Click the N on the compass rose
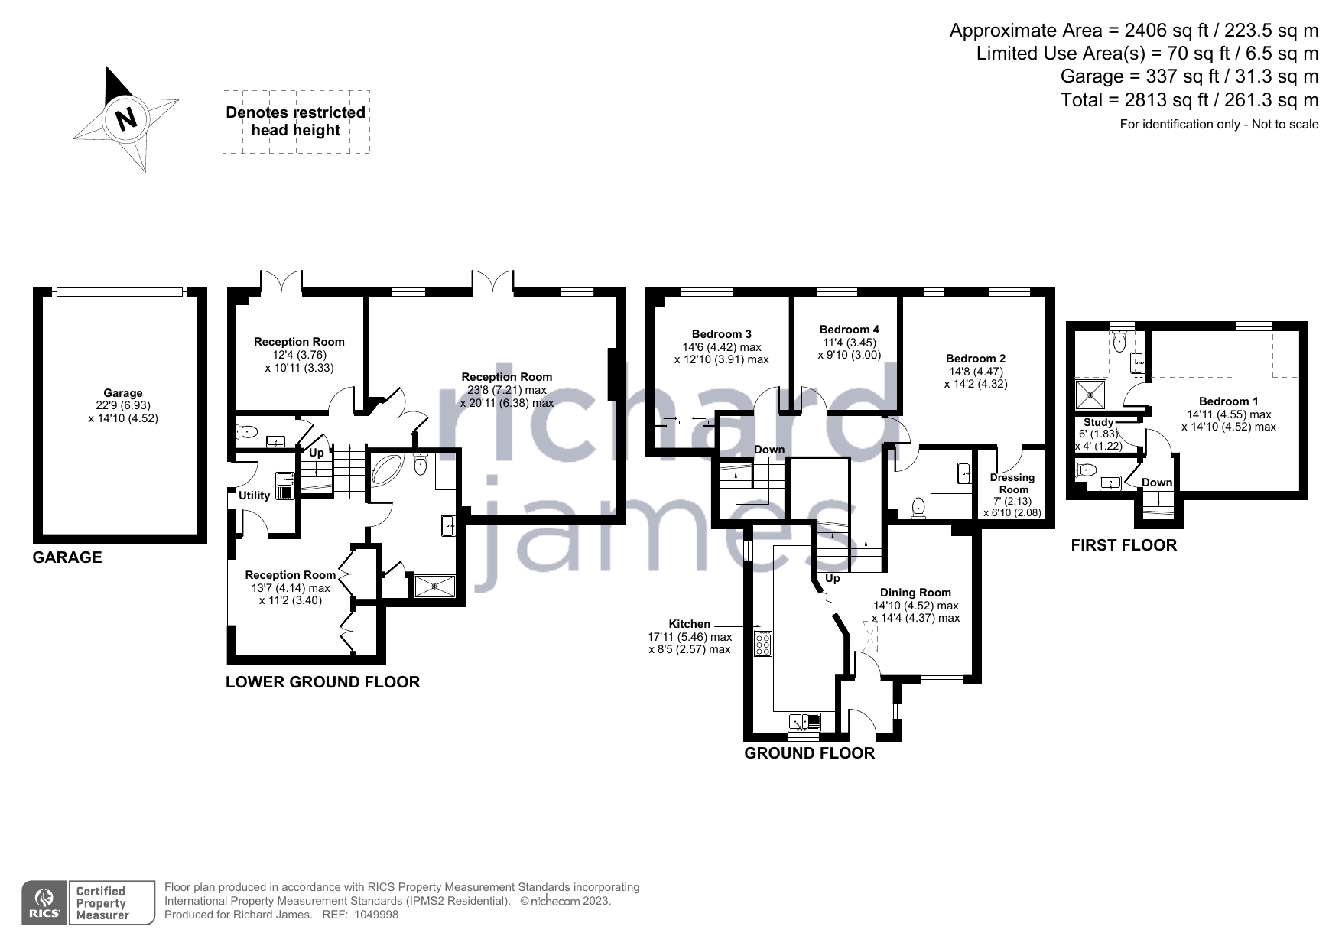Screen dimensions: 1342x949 (x=125, y=119)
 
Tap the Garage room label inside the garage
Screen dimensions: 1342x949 (x=123, y=393)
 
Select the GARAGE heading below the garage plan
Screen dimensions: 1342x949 (x=67, y=557)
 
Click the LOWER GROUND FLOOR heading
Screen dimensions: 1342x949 (x=323, y=682)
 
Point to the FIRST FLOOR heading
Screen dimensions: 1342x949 (x=1123, y=545)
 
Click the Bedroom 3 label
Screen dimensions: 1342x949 (x=722, y=334)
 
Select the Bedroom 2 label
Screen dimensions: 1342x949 (x=976, y=359)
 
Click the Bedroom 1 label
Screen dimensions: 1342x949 (x=1229, y=401)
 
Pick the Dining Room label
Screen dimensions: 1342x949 (x=915, y=593)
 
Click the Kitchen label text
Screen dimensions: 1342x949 (x=690, y=624)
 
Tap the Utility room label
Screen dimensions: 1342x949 (x=254, y=496)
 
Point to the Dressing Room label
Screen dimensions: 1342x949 (x=1013, y=483)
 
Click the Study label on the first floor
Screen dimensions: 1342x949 (x=1099, y=422)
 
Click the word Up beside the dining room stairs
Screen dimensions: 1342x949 (x=833, y=578)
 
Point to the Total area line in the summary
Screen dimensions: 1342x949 (x=1190, y=100)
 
